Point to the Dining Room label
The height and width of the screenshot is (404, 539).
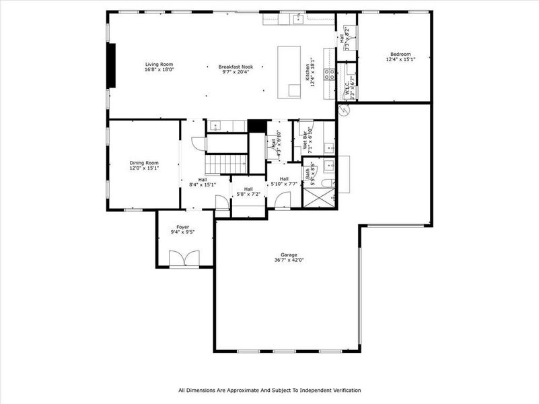pos(144,162)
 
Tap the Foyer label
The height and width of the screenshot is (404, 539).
pos(183,227)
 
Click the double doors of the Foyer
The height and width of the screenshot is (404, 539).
pos(184,259)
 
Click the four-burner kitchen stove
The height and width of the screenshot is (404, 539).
pos(330,75)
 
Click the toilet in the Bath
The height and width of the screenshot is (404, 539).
pos(326,183)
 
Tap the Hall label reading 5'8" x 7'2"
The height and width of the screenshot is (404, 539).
pos(248,192)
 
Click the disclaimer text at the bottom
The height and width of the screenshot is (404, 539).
pos(269,390)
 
